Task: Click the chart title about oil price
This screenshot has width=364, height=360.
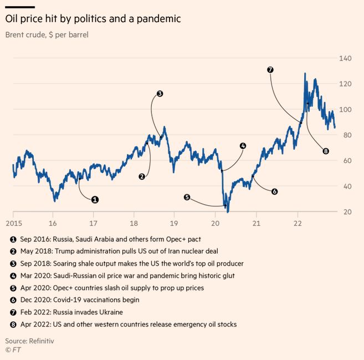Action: tap(93, 19)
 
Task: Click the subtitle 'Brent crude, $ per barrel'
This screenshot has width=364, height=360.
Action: tap(47, 34)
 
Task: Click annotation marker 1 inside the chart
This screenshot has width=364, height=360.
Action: tap(95, 199)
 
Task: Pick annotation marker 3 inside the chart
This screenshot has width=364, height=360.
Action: tap(160, 94)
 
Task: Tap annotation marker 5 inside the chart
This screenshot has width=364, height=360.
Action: tap(187, 197)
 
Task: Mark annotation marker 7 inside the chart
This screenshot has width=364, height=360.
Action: tap(270, 70)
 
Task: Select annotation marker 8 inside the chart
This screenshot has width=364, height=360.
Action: tap(325, 151)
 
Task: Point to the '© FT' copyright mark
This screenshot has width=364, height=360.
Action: tap(12, 350)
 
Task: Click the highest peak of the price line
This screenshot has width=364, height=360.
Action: tap(305, 74)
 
